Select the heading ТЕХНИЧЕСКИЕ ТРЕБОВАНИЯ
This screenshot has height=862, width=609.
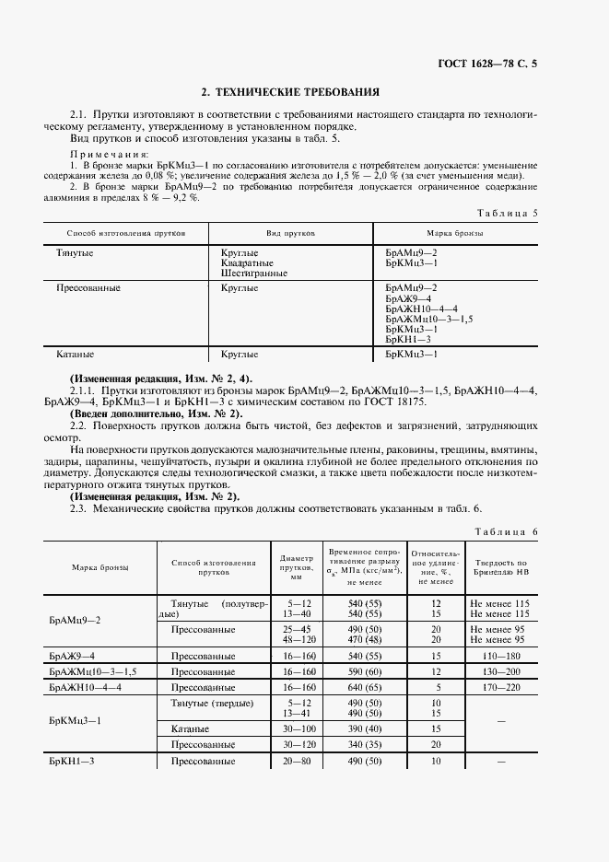290,92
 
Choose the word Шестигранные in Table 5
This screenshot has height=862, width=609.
254,273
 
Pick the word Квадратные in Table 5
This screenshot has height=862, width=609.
247,262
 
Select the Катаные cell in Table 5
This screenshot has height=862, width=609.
76,354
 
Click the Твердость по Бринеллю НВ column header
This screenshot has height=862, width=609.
500,566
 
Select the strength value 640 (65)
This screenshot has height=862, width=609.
363,687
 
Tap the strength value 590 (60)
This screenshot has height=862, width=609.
363,671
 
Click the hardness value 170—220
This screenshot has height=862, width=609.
501,687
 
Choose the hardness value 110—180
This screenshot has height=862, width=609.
501,656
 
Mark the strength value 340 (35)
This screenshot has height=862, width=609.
363,744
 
